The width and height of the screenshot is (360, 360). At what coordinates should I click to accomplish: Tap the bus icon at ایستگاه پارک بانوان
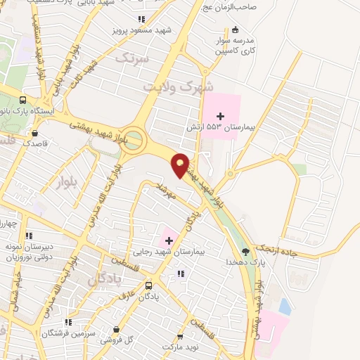(22, 100)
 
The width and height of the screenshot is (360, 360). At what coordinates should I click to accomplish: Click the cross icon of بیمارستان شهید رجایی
(169, 240)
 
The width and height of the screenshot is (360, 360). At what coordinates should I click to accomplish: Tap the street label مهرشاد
(169, 191)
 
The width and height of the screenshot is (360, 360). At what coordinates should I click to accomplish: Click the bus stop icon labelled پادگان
(149, 285)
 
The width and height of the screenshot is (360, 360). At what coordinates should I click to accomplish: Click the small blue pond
(284, 306)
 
